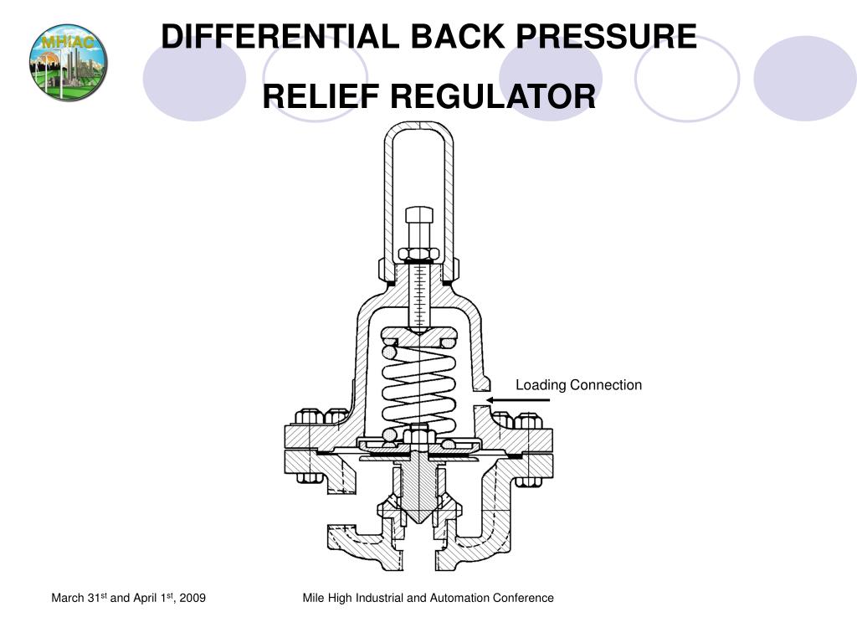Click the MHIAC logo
pyautogui.click(x=68, y=63)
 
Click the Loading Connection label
pyautogui.click(x=578, y=385)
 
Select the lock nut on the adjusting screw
pyautogui.click(x=418, y=253)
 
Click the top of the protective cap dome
pyautogui.click(x=418, y=127)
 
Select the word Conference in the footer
pyautogui.click(x=526, y=598)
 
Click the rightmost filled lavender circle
pyautogui.click(x=804, y=78)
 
